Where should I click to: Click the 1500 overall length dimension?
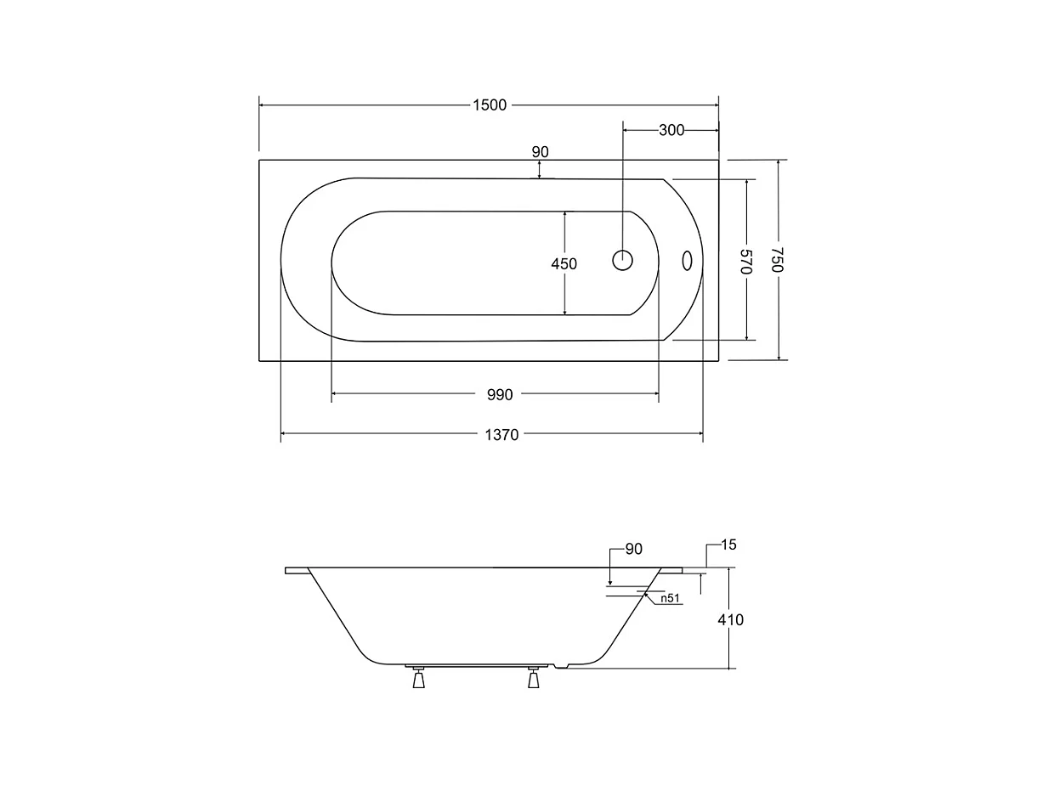point(490,105)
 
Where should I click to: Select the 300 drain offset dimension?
point(671,130)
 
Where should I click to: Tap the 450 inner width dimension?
point(564,263)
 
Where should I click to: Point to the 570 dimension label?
point(746,261)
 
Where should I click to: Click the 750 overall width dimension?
point(777,260)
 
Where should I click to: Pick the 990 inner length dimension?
point(500,395)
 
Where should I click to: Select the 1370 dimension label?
point(501,435)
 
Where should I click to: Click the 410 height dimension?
point(730,620)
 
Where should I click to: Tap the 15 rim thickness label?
point(728,545)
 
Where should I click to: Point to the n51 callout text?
point(670,598)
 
